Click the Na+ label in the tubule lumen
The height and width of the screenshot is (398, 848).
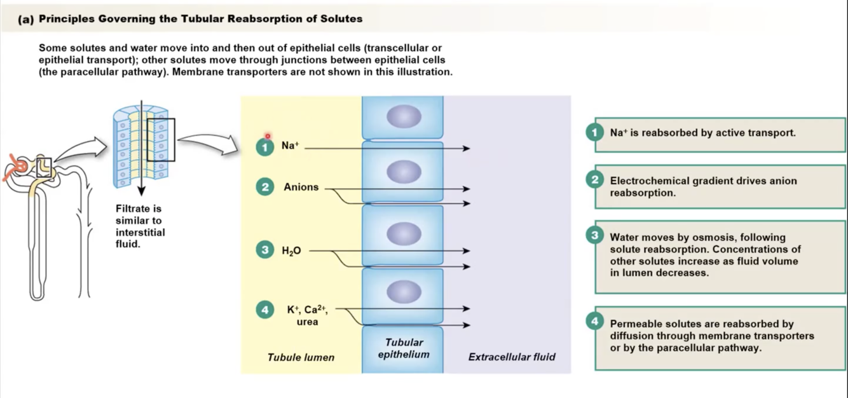tap(289, 146)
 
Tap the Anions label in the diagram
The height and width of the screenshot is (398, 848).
tap(301, 188)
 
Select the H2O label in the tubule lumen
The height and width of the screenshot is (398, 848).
tap(291, 251)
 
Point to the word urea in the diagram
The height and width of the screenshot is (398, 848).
tap(307, 322)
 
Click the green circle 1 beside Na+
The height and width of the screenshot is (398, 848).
tap(264, 147)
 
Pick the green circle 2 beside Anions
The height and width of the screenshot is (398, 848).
tap(264, 187)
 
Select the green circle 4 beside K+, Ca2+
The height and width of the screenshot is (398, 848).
tap(264, 310)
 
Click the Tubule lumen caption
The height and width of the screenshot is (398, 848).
tap(301, 357)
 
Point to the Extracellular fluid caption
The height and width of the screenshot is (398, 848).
tap(512, 357)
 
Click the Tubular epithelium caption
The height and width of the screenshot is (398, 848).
tap(404, 348)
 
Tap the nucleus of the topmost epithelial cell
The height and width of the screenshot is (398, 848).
tap(404, 116)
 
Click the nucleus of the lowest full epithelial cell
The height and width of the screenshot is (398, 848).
tap(404, 292)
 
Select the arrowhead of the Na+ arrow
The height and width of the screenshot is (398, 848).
tap(467, 149)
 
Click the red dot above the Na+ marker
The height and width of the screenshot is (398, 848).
tap(268, 135)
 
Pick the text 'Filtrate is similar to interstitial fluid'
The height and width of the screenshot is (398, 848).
tap(140, 226)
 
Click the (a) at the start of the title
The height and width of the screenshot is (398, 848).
tap(26, 19)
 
